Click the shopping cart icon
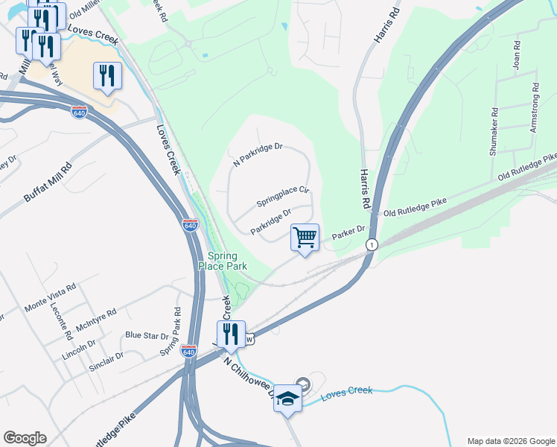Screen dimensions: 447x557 pos(305,238)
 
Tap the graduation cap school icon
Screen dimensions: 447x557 pos(288,399)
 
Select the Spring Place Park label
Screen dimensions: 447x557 pos(222,261)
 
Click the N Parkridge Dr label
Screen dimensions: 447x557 pos(258,153)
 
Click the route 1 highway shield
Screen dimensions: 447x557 pos(370,244)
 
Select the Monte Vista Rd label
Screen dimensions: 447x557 pos(51,297)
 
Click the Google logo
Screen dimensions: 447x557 pos(25,438)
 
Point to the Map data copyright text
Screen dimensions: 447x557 pos(510,440)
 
